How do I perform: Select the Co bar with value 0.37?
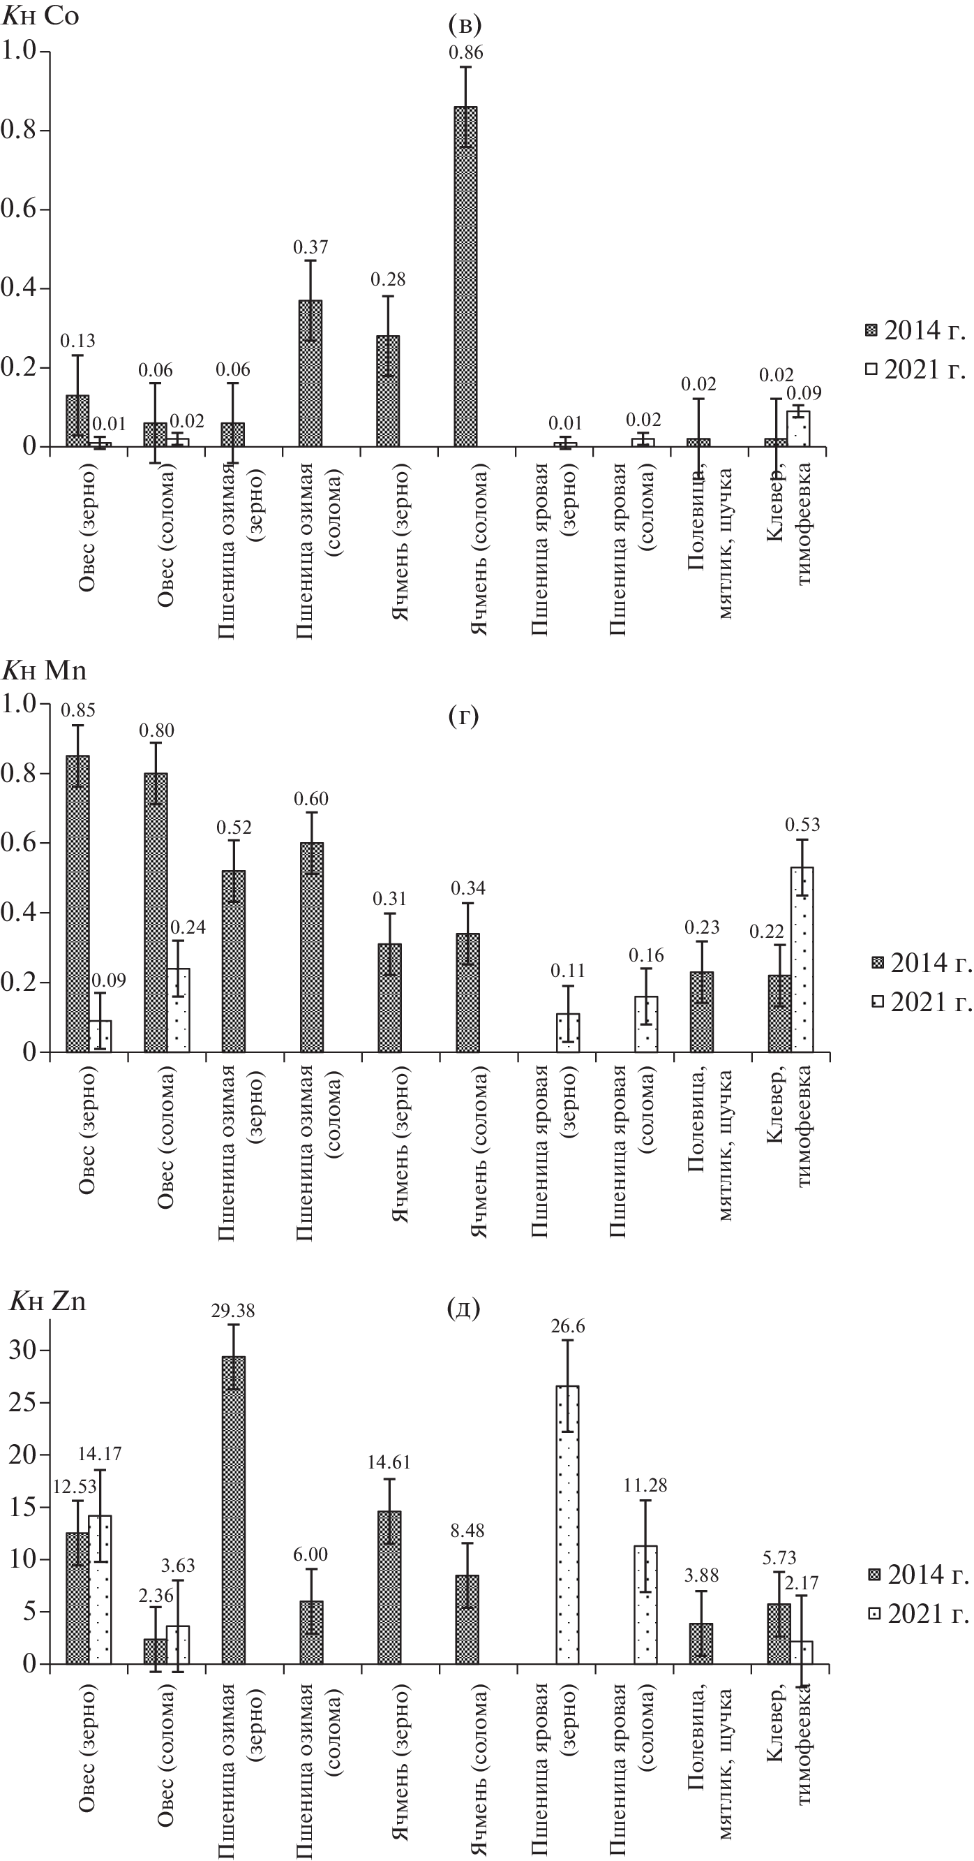[310, 374]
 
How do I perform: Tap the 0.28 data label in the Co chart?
[389, 279]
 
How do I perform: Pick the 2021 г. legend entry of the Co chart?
[916, 370]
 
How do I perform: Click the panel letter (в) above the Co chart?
[465, 25]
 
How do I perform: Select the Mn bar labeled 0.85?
[78, 903]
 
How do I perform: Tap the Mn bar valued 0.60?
[312, 947]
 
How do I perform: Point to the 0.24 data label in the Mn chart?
[188, 927]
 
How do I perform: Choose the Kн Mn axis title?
[45, 671]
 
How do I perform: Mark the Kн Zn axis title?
[47, 1301]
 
